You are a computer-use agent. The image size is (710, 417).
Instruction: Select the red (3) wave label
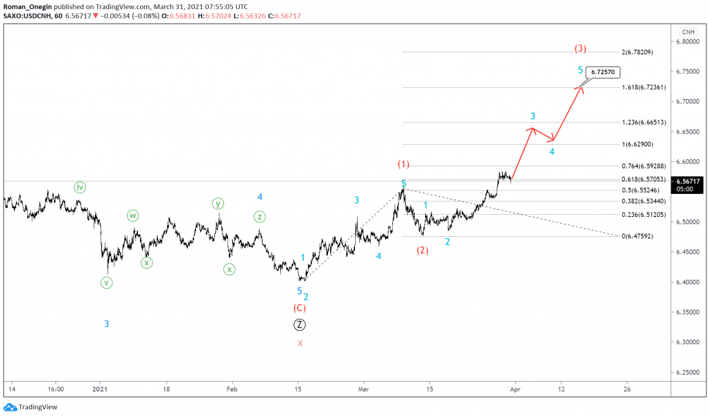[581, 48]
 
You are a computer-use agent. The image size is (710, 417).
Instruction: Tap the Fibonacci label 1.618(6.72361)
[644, 87]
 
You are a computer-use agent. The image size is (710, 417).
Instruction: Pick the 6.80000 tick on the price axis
[689, 42]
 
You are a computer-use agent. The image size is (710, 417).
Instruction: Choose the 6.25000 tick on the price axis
[689, 373]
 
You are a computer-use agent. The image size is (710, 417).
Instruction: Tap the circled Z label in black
[300, 324]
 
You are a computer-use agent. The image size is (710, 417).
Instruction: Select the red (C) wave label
[300, 308]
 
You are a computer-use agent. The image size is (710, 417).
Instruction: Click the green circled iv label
[80, 187]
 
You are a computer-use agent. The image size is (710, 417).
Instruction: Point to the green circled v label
[106, 283]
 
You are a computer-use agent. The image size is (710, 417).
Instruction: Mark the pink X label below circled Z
[300, 343]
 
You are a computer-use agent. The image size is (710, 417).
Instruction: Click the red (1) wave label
[404, 165]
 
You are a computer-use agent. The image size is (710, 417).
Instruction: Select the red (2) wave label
[422, 250]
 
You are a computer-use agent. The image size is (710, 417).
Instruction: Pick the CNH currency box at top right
[688, 32]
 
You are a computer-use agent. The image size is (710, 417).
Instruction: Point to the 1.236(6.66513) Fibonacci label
[644, 122]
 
